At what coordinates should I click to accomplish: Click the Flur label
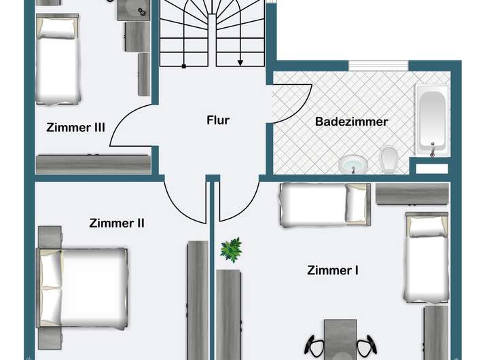[x=218, y=121]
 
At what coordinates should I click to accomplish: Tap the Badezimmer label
[x=351, y=122]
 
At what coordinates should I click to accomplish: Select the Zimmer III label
[x=75, y=126]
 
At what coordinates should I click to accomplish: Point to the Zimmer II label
[x=116, y=223]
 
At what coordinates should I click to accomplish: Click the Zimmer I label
[x=333, y=270]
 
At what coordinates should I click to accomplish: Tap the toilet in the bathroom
[x=389, y=160]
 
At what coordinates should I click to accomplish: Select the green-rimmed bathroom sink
[x=352, y=164]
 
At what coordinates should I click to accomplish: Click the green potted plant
[x=231, y=249]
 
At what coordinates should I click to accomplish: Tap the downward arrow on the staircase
[x=240, y=62]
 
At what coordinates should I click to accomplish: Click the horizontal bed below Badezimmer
[x=324, y=204]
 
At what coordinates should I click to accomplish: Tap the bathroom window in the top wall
[x=378, y=65]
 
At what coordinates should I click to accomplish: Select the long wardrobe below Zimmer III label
[x=93, y=164]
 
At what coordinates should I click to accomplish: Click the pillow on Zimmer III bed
[x=57, y=28]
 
